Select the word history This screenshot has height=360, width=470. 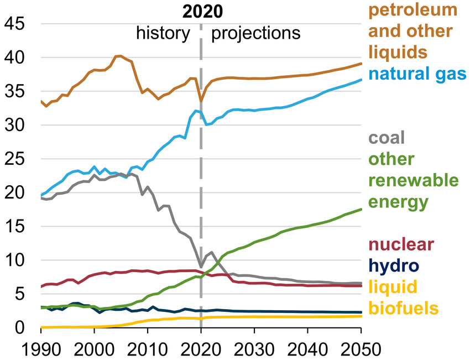[x=163, y=33]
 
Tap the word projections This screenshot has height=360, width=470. [x=256, y=33]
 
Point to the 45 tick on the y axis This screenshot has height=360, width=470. [x=15, y=24]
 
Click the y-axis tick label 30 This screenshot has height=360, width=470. [x=15, y=125]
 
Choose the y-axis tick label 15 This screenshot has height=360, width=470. [x=15, y=226]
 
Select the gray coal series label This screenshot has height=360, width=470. [x=387, y=137]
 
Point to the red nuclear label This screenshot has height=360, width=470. [x=401, y=244]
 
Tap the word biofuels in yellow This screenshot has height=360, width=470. [x=403, y=307]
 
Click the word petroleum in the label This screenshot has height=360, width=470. [x=413, y=10]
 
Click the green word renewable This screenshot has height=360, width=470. [x=413, y=180]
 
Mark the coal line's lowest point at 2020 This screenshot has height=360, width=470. [x=200, y=266]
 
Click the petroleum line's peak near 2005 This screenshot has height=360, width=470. [x=118, y=55]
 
